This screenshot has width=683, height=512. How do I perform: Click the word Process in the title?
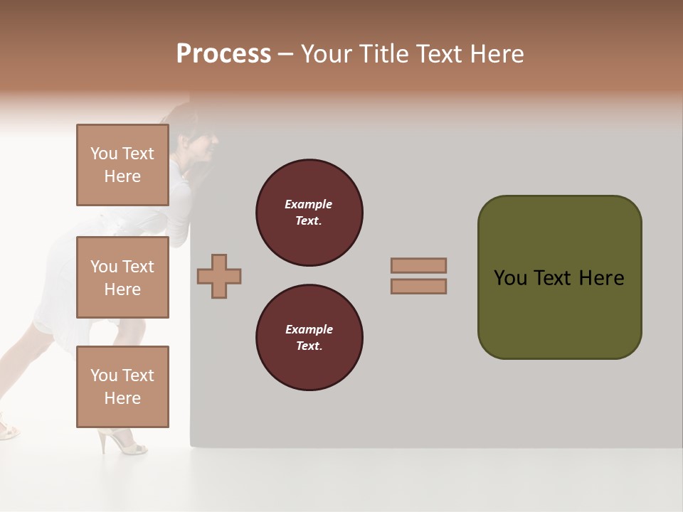[x=223, y=54]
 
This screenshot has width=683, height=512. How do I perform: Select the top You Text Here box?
[x=122, y=165]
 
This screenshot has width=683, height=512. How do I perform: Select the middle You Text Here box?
[x=122, y=277]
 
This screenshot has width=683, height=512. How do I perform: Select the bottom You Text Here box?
[x=122, y=387]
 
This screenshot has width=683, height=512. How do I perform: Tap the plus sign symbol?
[x=219, y=276]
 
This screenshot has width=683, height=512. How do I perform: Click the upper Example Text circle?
[x=309, y=213]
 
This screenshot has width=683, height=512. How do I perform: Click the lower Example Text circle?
[x=309, y=338]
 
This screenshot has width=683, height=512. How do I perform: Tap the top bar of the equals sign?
[x=418, y=265]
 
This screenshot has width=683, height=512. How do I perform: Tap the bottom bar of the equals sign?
[x=418, y=286]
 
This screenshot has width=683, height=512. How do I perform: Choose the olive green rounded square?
[x=559, y=277]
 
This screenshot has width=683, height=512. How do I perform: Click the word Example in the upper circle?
[x=309, y=204]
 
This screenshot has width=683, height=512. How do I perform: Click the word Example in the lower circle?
[x=309, y=329]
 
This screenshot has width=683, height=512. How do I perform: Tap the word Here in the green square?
[x=601, y=278]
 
